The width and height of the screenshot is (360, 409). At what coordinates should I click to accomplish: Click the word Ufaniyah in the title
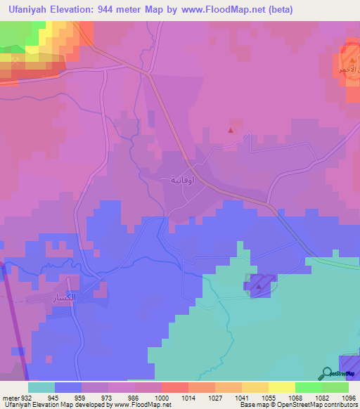pyautogui.click(x=28, y=10)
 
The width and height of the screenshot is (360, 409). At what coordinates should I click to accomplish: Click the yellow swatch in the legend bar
pyautogui.click(x=281, y=387)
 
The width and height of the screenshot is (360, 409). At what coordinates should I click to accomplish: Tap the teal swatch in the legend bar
pyautogui.click(x=41, y=387)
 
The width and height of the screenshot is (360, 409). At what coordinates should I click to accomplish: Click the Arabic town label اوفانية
pyautogui.click(x=184, y=180)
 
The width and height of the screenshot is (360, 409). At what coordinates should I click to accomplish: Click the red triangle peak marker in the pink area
pyautogui.click(x=231, y=130)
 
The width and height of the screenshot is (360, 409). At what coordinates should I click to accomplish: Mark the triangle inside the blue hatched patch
pyautogui.click(x=259, y=286)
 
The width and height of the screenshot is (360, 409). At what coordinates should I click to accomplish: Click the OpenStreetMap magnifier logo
pyautogui.click(x=326, y=375)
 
